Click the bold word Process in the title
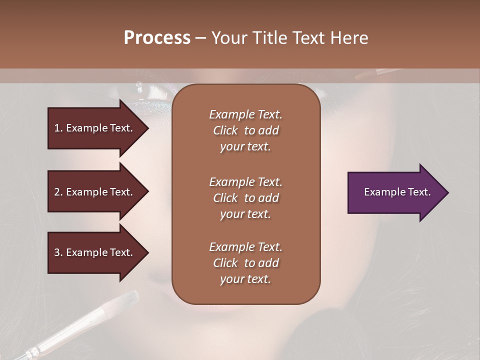click(157, 38)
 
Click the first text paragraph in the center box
click(245, 130)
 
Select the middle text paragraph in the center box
click(245, 198)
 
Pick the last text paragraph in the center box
click(245, 263)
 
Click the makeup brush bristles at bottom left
click(127, 299)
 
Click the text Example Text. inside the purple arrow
click(397, 192)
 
